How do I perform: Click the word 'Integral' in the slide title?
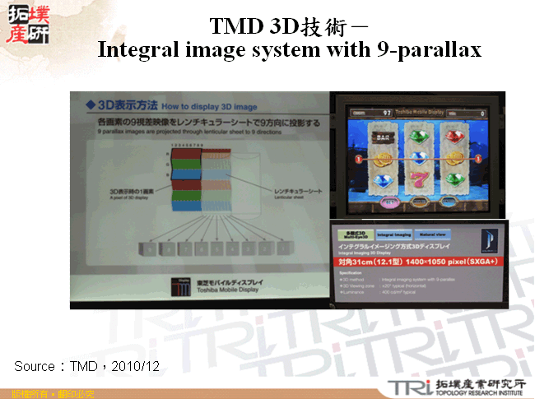[x=132, y=49]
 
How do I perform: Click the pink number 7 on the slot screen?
[x=418, y=179]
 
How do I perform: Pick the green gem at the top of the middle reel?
[x=418, y=134]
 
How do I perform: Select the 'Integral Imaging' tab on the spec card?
[x=396, y=234]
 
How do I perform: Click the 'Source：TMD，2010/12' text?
[x=86, y=364]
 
